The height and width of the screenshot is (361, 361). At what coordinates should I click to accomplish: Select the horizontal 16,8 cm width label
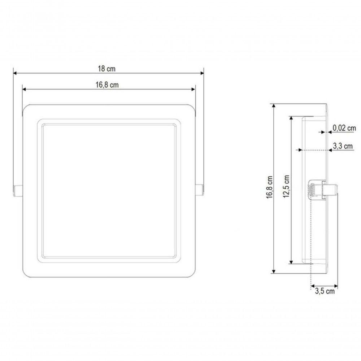107,85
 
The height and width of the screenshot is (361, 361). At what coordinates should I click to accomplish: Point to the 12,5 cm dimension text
287,188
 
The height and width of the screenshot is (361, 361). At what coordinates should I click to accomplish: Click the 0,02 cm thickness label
344,128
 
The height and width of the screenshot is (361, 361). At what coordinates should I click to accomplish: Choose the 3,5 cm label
325,291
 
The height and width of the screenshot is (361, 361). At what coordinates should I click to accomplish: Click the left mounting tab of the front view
18,190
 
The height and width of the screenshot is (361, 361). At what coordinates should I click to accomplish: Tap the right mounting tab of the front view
199,190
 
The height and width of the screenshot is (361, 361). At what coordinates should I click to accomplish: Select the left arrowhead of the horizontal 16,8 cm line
25,90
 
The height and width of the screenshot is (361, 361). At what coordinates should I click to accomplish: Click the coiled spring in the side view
310,190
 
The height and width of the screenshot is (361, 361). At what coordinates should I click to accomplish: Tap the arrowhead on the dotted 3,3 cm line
299,150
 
